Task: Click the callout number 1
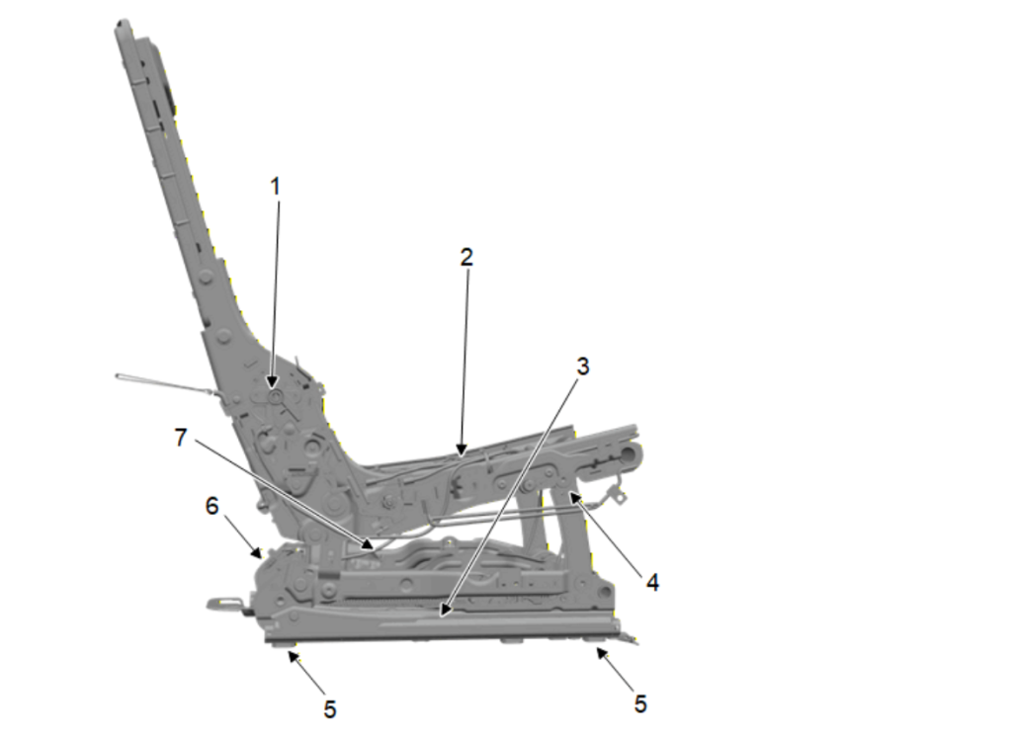[276, 187]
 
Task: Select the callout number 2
[466, 257]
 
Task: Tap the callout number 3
[582, 366]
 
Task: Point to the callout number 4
[652, 583]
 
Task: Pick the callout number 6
[212, 506]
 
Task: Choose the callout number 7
[182, 438]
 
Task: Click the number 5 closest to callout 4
[640, 704]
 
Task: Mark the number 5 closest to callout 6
[330, 709]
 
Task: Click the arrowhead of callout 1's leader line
[273, 382]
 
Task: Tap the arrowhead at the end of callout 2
[462, 450]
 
